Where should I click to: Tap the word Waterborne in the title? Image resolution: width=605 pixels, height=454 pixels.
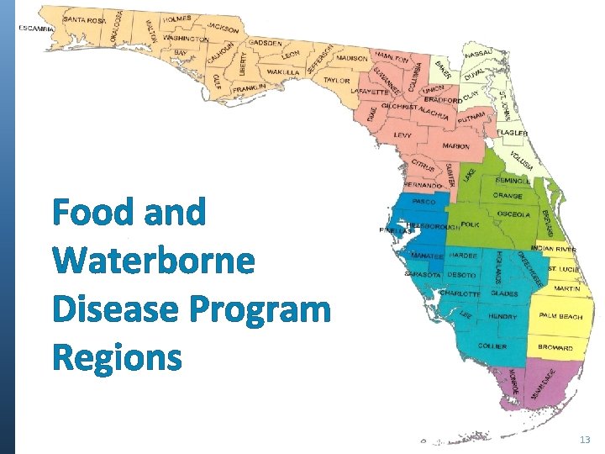click(x=154, y=261)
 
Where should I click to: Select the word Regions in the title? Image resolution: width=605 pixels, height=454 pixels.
click(x=116, y=358)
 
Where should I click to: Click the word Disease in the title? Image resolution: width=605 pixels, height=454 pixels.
click(x=114, y=310)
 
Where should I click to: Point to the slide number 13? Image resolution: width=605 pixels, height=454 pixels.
click(x=585, y=441)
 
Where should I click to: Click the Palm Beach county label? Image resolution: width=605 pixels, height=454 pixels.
click(x=560, y=316)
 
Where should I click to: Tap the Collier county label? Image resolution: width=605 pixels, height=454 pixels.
click(x=493, y=346)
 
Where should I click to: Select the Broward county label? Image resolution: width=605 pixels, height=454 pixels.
click(x=555, y=347)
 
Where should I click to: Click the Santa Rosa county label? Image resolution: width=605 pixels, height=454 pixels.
click(x=84, y=19)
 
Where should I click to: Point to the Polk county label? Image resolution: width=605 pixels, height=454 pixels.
click(x=471, y=224)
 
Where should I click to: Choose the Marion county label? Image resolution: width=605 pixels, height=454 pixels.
click(x=455, y=146)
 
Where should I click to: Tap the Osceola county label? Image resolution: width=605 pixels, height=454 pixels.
click(x=513, y=214)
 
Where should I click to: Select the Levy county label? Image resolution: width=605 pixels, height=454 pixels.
click(x=402, y=135)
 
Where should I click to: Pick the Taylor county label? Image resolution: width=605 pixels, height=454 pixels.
click(x=336, y=81)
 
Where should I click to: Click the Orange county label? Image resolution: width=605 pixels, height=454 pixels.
click(x=508, y=196)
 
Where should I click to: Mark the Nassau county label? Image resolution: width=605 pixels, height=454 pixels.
click(x=477, y=53)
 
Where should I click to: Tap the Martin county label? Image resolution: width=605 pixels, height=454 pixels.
click(x=566, y=288)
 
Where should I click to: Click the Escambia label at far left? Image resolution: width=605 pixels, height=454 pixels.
click(x=36, y=28)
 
